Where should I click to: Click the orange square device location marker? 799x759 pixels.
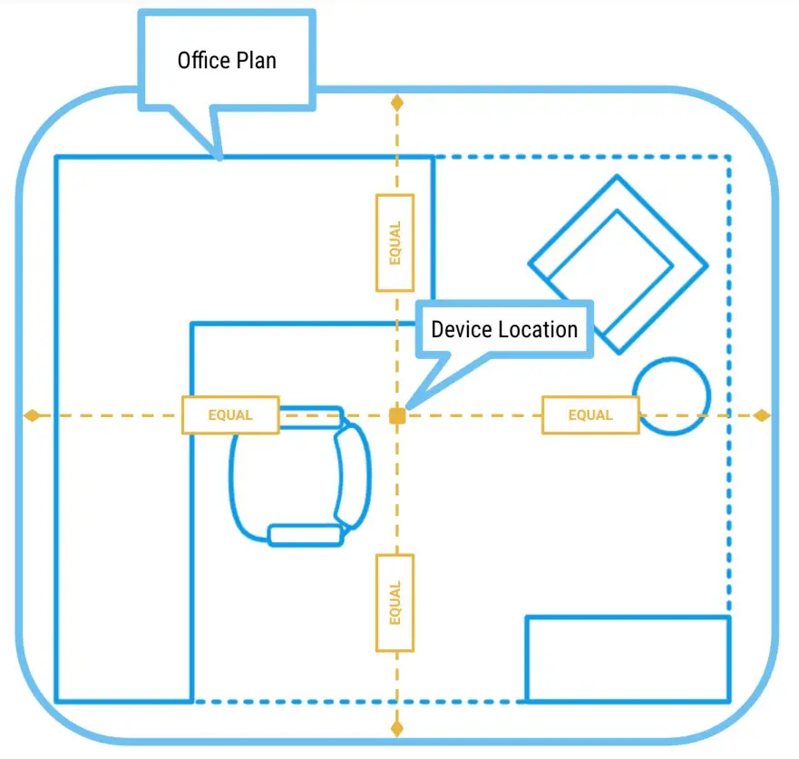point(396,415)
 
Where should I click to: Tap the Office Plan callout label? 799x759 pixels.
point(226,61)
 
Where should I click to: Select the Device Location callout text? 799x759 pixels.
point(504,329)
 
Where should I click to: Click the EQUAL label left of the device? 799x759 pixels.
point(229,415)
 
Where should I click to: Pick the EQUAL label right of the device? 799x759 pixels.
point(590,415)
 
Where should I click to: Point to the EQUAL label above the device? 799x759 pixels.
point(395,243)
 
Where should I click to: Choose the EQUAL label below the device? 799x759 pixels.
point(395,602)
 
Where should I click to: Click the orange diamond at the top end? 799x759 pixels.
point(396,102)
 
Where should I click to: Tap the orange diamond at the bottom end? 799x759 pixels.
point(396,727)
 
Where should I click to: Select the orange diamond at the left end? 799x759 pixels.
point(32,415)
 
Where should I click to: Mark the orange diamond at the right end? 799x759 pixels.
point(762,415)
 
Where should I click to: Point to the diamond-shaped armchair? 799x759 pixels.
point(618,264)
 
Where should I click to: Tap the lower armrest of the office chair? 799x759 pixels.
point(306,535)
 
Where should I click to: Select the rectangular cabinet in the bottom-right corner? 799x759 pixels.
point(628,659)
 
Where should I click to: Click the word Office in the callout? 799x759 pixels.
point(200,61)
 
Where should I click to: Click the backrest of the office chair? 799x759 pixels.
point(354,476)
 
